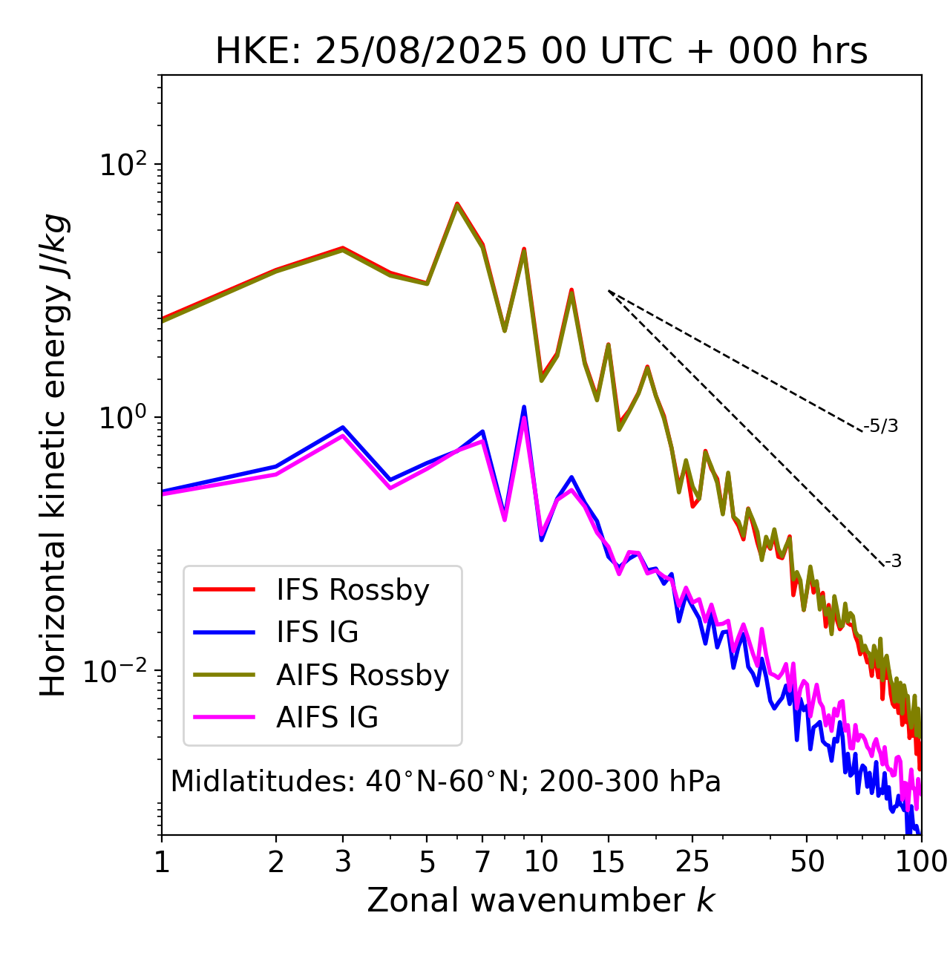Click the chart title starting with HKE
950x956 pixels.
click(x=541, y=51)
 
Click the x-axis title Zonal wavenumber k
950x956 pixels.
click(x=541, y=900)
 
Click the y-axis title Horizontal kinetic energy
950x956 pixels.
click(x=53, y=455)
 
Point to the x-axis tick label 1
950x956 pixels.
click(x=162, y=862)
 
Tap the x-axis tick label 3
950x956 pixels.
click(x=343, y=862)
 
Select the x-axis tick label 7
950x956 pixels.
click(x=482, y=862)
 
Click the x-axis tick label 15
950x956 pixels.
click(x=609, y=862)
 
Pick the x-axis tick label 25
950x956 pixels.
click(x=692, y=862)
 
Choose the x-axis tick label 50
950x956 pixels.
click(x=807, y=862)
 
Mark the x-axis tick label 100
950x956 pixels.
click(x=921, y=862)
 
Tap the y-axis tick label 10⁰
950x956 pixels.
click(x=123, y=417)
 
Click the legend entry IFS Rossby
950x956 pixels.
click(x=353, y=590)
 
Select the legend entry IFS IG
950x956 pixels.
click(x=318, y=632)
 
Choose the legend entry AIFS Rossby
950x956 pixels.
click(x=362, y=675)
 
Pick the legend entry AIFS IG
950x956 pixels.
click(x=327, y=718)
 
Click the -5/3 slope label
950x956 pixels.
click(x=881, y=426)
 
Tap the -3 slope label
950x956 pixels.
click(x=893, y=562)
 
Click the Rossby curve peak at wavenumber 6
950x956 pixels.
click(x=457, y=204)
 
